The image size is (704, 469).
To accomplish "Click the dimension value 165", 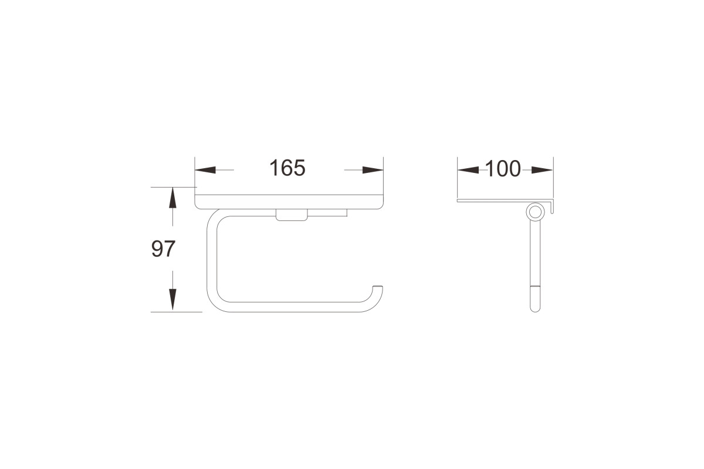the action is [287, 168].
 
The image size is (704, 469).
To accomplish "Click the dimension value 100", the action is [503, 169].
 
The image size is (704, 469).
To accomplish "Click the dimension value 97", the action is [163, 249].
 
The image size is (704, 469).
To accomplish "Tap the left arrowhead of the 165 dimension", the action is [205, 170].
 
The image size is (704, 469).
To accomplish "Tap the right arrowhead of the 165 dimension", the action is [373, 170].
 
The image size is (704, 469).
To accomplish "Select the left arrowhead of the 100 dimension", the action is [468, 170].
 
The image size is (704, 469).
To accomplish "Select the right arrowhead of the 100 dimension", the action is [543, 170].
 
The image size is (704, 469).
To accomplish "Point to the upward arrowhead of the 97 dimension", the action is [172, 198].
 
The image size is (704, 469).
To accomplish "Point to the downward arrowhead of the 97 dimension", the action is [172, 300].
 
